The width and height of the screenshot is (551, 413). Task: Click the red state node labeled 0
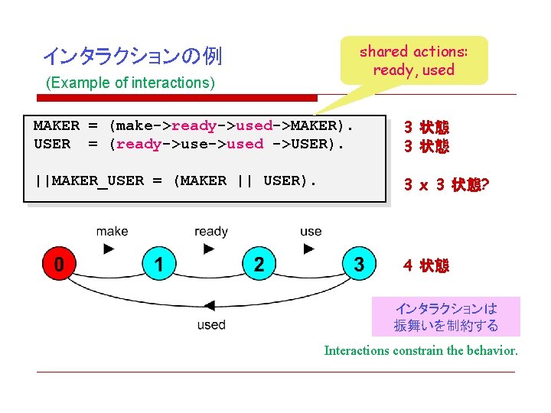tap(57, 265)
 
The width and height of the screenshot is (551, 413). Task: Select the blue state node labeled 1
tap(158, 265)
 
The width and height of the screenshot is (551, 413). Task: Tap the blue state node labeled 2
tap(259, 265)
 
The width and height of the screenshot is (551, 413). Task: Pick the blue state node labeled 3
tap(359, 265)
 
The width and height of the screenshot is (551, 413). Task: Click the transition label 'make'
tap(112, 231)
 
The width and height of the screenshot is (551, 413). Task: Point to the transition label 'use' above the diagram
tap(311, 231)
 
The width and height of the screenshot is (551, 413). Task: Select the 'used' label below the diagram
tap(210, 324)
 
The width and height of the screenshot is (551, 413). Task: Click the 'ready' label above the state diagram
tap(210, 231)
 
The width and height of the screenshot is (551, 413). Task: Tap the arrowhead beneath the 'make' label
tap(109, 249)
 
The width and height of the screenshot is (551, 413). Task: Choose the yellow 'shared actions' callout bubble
tap(413, 60)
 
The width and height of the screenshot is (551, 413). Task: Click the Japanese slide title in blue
tap(132, 56)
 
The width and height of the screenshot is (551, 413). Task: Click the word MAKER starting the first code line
tap(56, 125)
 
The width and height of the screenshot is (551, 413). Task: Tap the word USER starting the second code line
tap(52, 144)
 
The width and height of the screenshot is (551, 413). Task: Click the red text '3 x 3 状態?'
tap(447, 184)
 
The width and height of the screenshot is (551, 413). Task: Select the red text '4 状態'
tap(426, 265)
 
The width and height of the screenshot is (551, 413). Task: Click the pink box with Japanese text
tap(445, 317)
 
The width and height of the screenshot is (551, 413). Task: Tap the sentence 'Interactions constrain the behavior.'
tap(421, 351)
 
